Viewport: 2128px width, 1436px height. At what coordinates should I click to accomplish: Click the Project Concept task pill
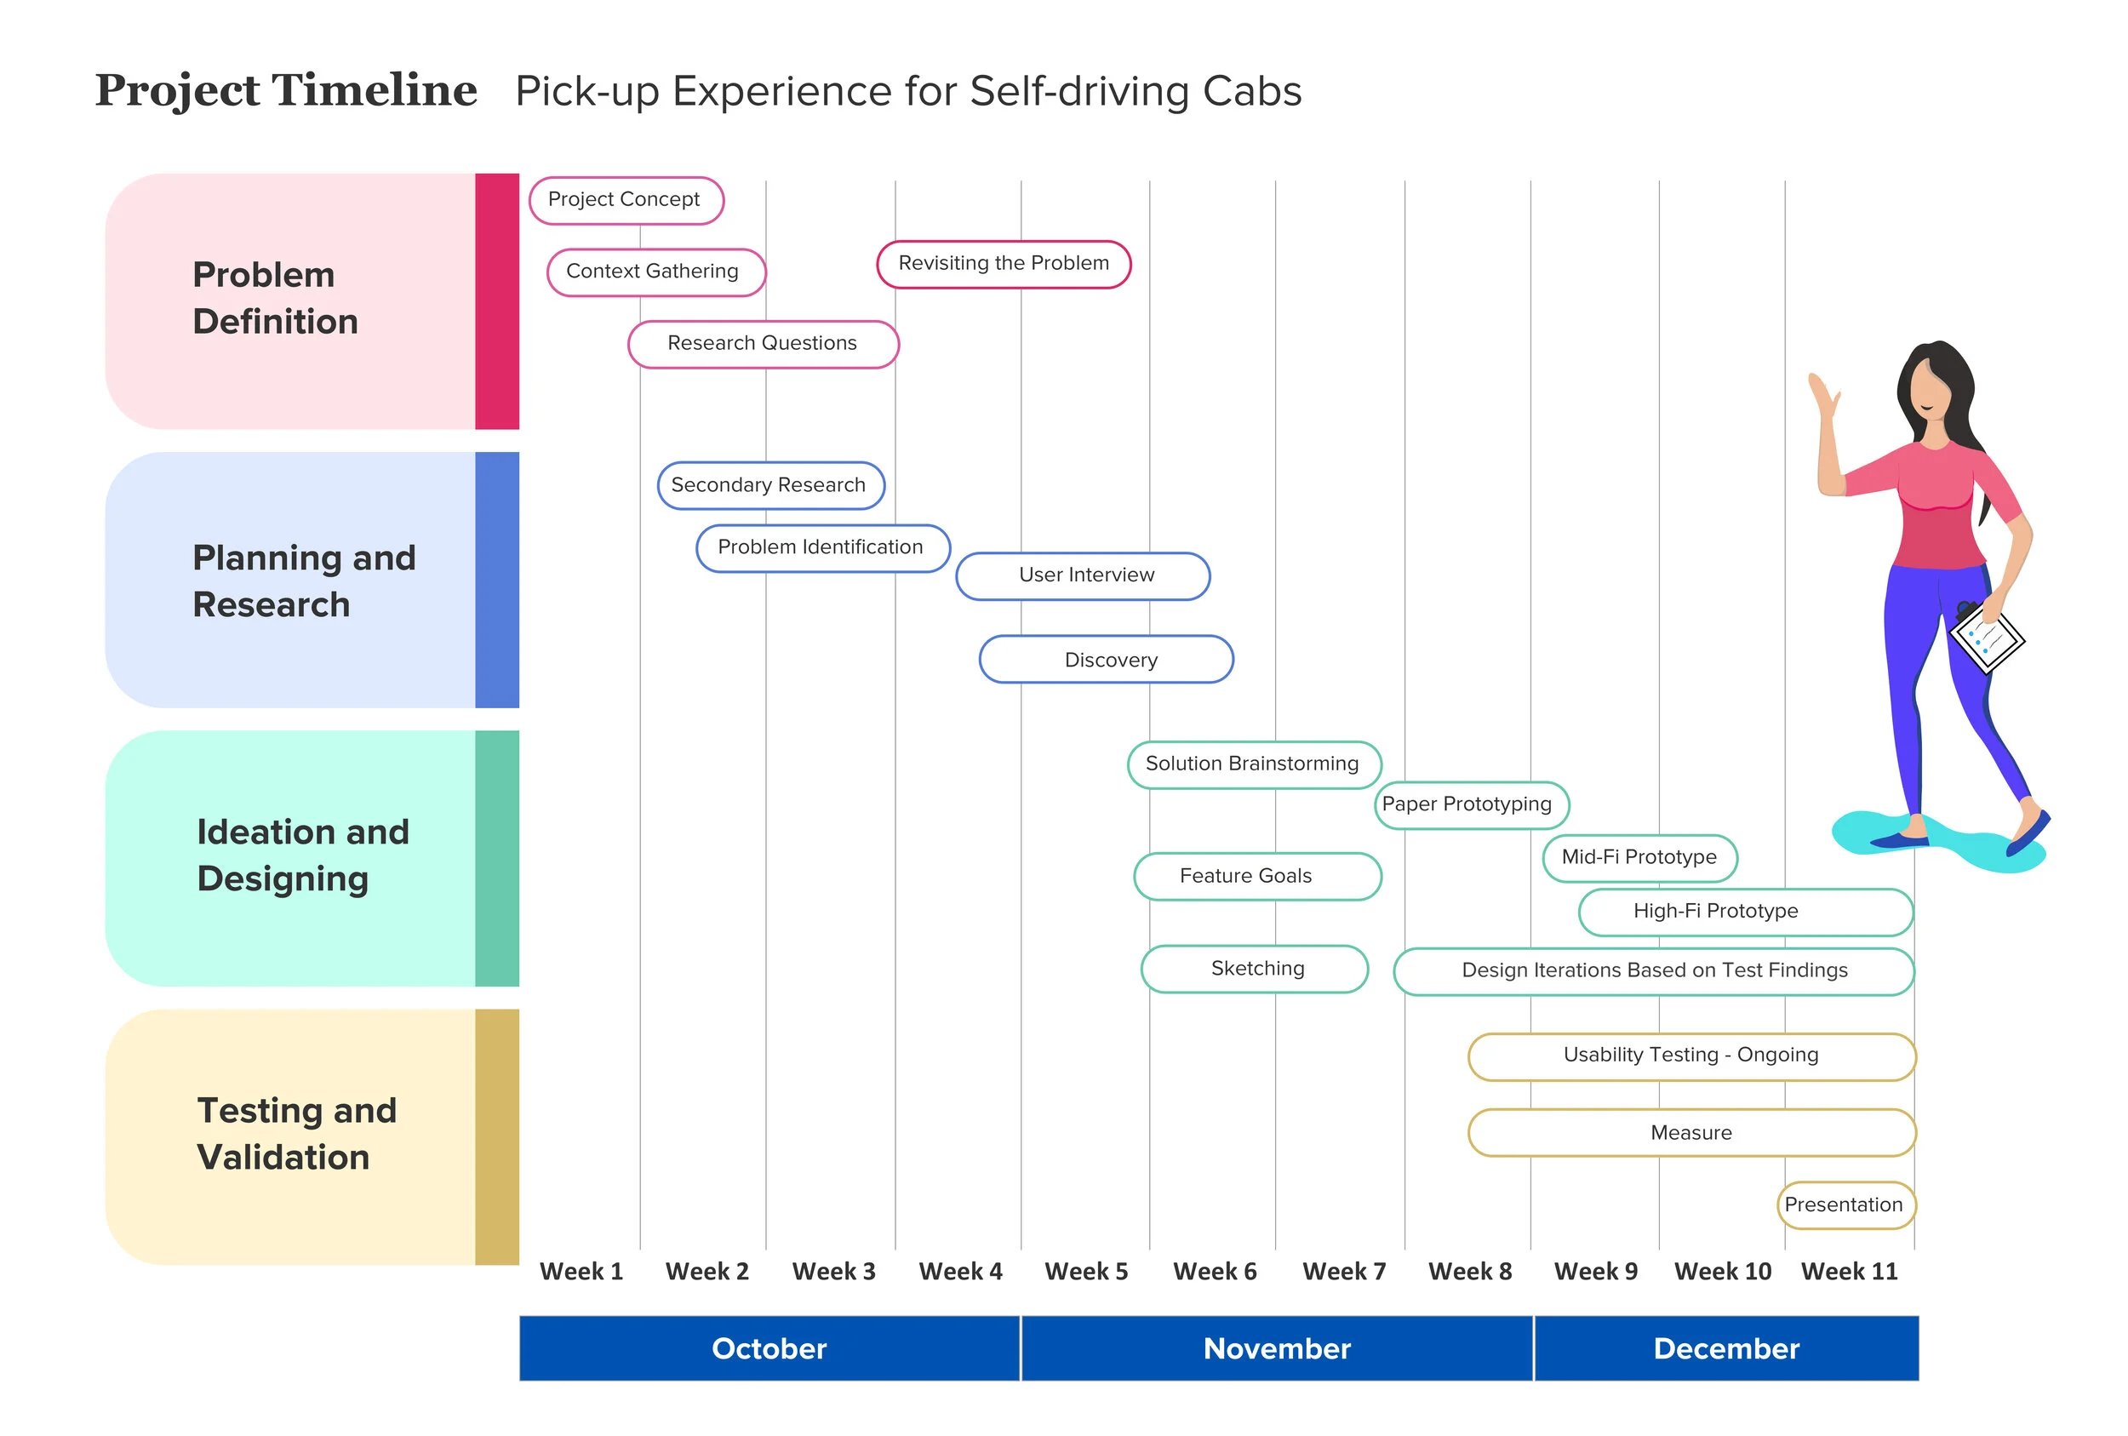click(x=626, y=201)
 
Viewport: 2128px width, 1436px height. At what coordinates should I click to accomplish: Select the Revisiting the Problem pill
click(x=1004, y=265)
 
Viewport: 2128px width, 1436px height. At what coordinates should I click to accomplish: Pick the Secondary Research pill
click(x=770, y=485)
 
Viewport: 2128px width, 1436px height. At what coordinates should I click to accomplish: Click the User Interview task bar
click(x=1083, y=576)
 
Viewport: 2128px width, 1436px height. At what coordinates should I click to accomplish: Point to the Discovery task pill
click(x=1106, y=660)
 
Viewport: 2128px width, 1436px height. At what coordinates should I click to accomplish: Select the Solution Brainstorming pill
click(x=1254, y=764)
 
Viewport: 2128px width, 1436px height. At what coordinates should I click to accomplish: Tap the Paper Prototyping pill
click(x=1472, y=805)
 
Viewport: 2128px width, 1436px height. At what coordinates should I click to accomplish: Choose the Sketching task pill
click(x=1255, y=969)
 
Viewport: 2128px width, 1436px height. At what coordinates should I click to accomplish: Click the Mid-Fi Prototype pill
click(x=1639, y=858)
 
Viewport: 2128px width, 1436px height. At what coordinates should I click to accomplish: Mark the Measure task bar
click(x=1691, y=1133)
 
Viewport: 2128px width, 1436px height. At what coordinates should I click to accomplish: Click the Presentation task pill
click(x=1845, y=1205)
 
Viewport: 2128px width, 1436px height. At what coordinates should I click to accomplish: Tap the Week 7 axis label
click(x=1344, y=1271)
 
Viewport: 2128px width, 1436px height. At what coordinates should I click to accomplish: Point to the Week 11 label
click(x=1849, y=1271)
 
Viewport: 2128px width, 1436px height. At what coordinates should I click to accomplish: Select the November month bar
click(x=1277, y=1348)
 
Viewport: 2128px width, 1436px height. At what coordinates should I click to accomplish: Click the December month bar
click(x=1726, y=1348)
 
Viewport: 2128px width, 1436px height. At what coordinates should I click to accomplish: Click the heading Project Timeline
click(x=286, y=91)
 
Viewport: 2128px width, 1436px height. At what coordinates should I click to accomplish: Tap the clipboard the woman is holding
click(x=1987, y=638)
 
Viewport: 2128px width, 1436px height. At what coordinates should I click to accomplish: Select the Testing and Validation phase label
click(x=297, y=1134)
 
